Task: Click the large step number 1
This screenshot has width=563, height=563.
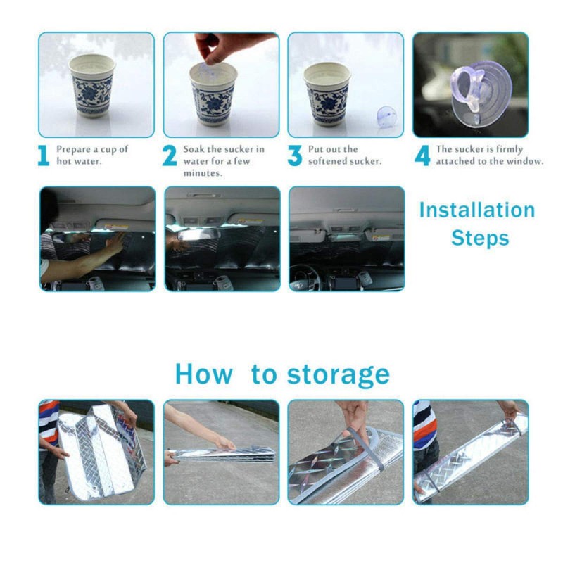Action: tap(44, 156)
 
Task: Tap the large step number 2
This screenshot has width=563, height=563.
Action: tap(170, 156)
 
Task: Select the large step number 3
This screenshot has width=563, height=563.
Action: tap(294, 156)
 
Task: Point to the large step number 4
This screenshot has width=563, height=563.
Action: tap(422, 156)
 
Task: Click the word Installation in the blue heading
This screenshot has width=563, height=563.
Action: tap(477, 210)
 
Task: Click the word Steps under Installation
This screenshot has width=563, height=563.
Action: tap(480, 239)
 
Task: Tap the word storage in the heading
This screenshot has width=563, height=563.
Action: tap(338, 375)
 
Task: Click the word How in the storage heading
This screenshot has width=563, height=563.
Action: tap(203, 374)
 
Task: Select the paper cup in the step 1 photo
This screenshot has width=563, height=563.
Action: tap(92, 85)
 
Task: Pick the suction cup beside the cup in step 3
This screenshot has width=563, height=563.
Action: tap(386, 117)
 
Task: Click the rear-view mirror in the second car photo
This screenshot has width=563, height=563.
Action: tap(198, 235)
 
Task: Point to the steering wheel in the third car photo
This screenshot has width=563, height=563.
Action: tap(306, 277)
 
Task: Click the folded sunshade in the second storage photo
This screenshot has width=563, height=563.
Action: tap(222, 455)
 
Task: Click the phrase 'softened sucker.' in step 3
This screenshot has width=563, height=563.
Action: tap(345, 162)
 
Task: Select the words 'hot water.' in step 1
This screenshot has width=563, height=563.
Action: tap(79, 162)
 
